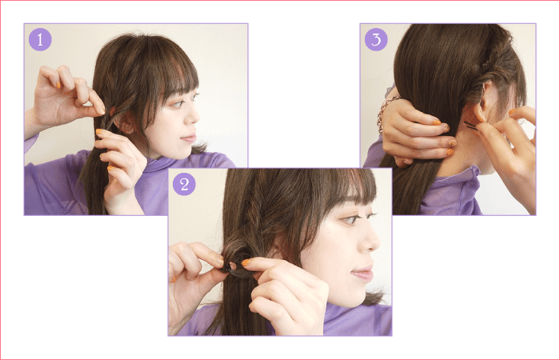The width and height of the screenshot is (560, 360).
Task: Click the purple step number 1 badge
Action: coord(40,39)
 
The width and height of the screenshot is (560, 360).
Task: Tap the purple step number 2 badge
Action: coord(184,184)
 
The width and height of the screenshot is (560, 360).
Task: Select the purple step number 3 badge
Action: coord(376,39)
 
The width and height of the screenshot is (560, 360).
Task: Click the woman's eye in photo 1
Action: coord(178,103)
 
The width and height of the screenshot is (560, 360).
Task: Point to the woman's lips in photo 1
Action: coord(190,138)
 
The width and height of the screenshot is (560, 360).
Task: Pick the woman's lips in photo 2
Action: coord(362,274)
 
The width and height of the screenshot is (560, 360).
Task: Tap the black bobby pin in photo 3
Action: coord(470,126)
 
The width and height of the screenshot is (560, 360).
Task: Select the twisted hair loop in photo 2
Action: coord(237,260)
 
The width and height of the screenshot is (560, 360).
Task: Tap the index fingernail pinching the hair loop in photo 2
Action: coord(246,262)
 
